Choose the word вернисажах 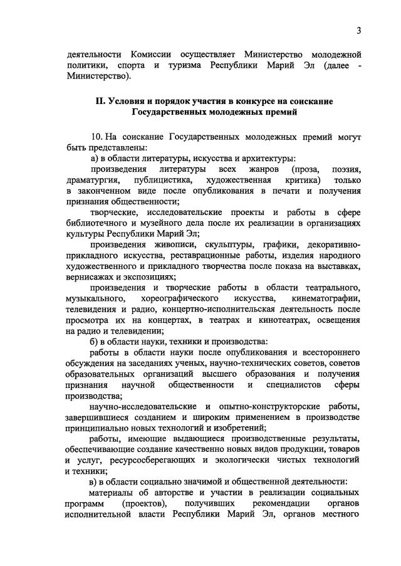pos(89,279)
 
